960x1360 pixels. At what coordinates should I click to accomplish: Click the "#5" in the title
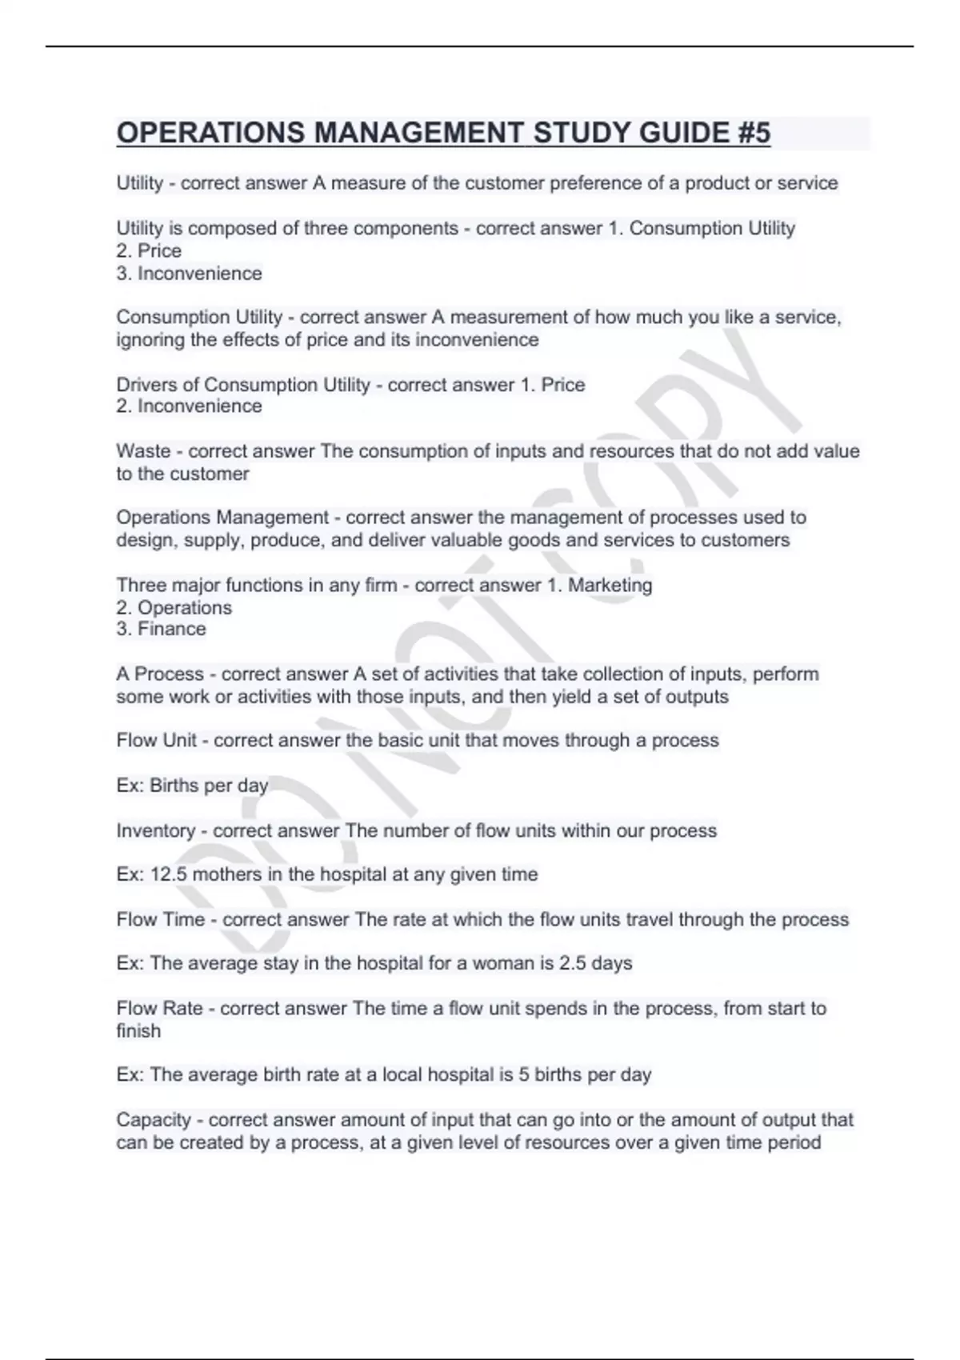[x=749, y=133]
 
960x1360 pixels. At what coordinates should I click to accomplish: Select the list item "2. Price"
[x=149, y=250]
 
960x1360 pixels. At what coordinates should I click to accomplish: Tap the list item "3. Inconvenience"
[x=189, y=273]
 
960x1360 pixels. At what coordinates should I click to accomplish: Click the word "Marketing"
[x=610, y=585]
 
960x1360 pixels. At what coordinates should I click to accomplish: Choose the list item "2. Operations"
[x=174, y=607]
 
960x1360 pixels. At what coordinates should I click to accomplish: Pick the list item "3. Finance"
[x=161, y=629]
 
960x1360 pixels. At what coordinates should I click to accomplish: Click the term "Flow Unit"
[x=156, y=740]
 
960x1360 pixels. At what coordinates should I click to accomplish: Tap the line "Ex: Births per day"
[x=192, y=785]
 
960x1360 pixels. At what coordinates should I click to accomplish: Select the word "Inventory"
[x=155, y=830]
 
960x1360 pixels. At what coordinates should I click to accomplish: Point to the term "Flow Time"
[x=160, y=919]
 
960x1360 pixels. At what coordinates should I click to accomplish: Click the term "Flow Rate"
[x=159, y=1008]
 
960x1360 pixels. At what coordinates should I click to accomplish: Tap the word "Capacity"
[x=154, y=1119]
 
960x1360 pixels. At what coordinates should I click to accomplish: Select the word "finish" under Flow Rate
[x=138, y=1030]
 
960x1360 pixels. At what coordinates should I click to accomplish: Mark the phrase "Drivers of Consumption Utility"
[x=243, y=385]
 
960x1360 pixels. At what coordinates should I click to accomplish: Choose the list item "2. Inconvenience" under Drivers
[x=189, y=406]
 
